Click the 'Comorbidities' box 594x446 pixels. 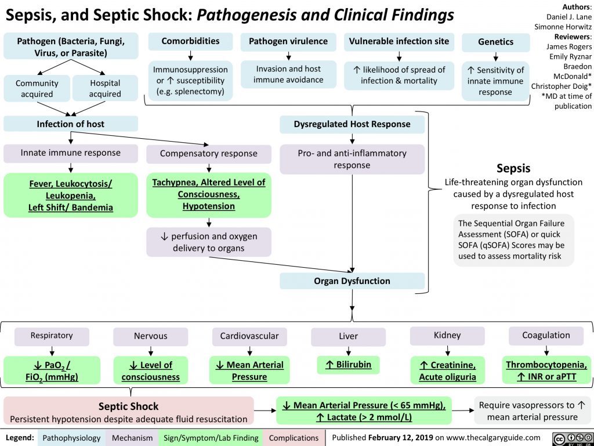coord(190,41)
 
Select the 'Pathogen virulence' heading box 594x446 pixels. coord(288,41)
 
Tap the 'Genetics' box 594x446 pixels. coord(495,42)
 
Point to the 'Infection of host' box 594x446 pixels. coord(71,124)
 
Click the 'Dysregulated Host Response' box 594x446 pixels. coord(352,124)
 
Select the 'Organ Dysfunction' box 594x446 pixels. coord(352,281)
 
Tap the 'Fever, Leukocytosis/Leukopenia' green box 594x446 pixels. coord(71,195)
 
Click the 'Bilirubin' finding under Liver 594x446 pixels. coord(348,365)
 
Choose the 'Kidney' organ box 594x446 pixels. coord(447,335)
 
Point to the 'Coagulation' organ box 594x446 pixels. coord(546,335)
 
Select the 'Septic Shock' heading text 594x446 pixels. coord(128,406)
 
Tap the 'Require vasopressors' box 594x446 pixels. coord(533,411)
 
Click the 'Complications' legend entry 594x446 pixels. coord(293,437)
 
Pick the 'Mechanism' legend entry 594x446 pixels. coord(133,437)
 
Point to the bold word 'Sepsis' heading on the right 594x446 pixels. coord(513,169)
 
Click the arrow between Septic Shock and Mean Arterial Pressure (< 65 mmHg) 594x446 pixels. coord(265,411)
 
